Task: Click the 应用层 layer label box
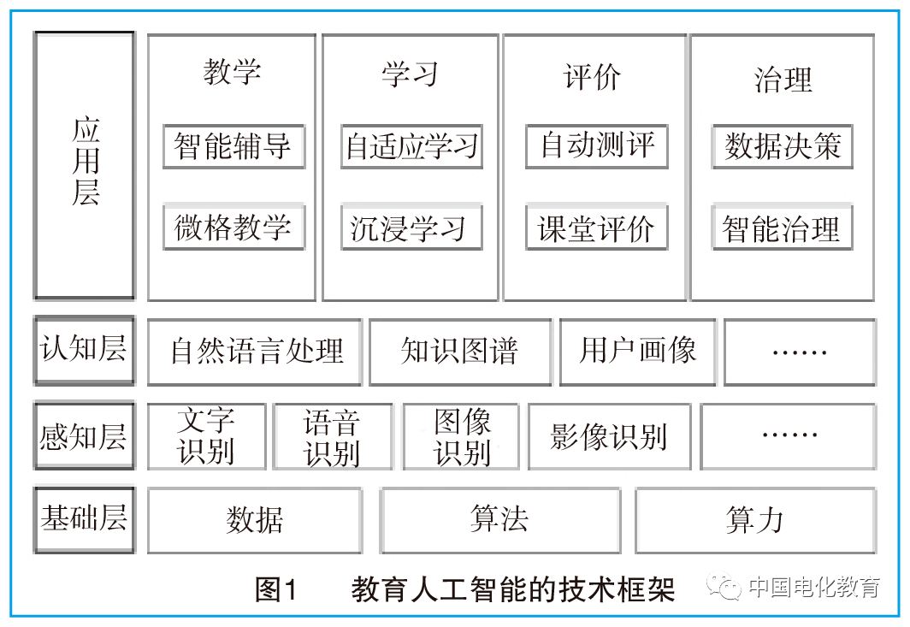click(85, 165)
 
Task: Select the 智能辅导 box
click(233, 146)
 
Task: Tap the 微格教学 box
click(233, 227)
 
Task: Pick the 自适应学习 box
click(411, 146)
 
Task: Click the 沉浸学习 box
click(411, 227)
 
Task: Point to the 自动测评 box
click(597, 146)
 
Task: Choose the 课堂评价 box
click(597, 227)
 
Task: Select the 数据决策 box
click(783, 146)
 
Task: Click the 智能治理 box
click(783, 227)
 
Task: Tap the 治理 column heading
click(783, 80)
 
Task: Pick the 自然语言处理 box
click(255, 352)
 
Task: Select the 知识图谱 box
click(460, 352)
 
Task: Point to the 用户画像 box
click(638, 352)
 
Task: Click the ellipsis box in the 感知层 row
click(789, 436)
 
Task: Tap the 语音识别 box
click(334, 436)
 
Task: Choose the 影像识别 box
click(609, 436)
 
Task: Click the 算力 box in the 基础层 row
click(756, 521)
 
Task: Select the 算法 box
click(499, 521)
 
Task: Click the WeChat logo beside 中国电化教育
click(724, 586)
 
